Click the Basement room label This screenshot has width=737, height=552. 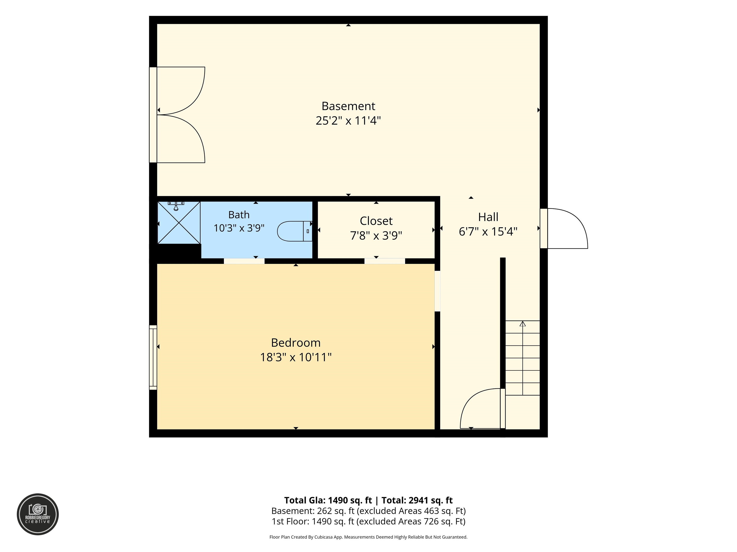tap(348, 106)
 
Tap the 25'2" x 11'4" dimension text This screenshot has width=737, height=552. tap(348, 121)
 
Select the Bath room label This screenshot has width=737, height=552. tap(239, 215)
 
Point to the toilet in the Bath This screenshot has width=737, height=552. tap(295, 231)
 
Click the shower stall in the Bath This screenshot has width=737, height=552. tap(179, 222)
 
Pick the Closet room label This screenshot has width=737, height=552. tap(376, 221)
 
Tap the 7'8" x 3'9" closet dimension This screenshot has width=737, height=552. tap(376, 236)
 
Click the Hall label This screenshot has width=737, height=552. tap(488, 217)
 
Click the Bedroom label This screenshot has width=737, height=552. tap(296, 343)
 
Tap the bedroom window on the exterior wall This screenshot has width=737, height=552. tap(153, 357)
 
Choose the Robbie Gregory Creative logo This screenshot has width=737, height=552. tap(38, 514)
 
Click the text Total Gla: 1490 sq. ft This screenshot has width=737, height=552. tap(328, 500)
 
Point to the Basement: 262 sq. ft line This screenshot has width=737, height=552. tap(368, 511)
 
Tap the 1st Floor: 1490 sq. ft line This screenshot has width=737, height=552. tap(368, 521)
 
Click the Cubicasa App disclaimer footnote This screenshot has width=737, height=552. tap(368, 537)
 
